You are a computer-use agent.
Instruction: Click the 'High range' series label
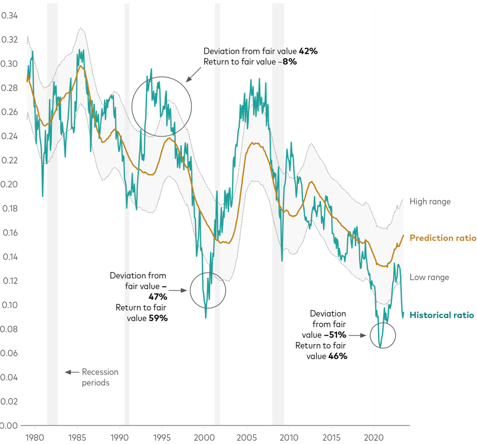[x=430, y=202]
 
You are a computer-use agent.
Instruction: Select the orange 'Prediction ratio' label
[x=443, y=238]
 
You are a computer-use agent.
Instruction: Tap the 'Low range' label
[x=429, y=278]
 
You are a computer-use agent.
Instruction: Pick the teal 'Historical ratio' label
[x=442, y=315]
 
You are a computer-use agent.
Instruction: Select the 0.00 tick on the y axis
[x=10, y=425]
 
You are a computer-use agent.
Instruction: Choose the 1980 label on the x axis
[x=34, y=438]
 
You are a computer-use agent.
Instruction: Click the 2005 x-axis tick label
[x=247, y=438]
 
